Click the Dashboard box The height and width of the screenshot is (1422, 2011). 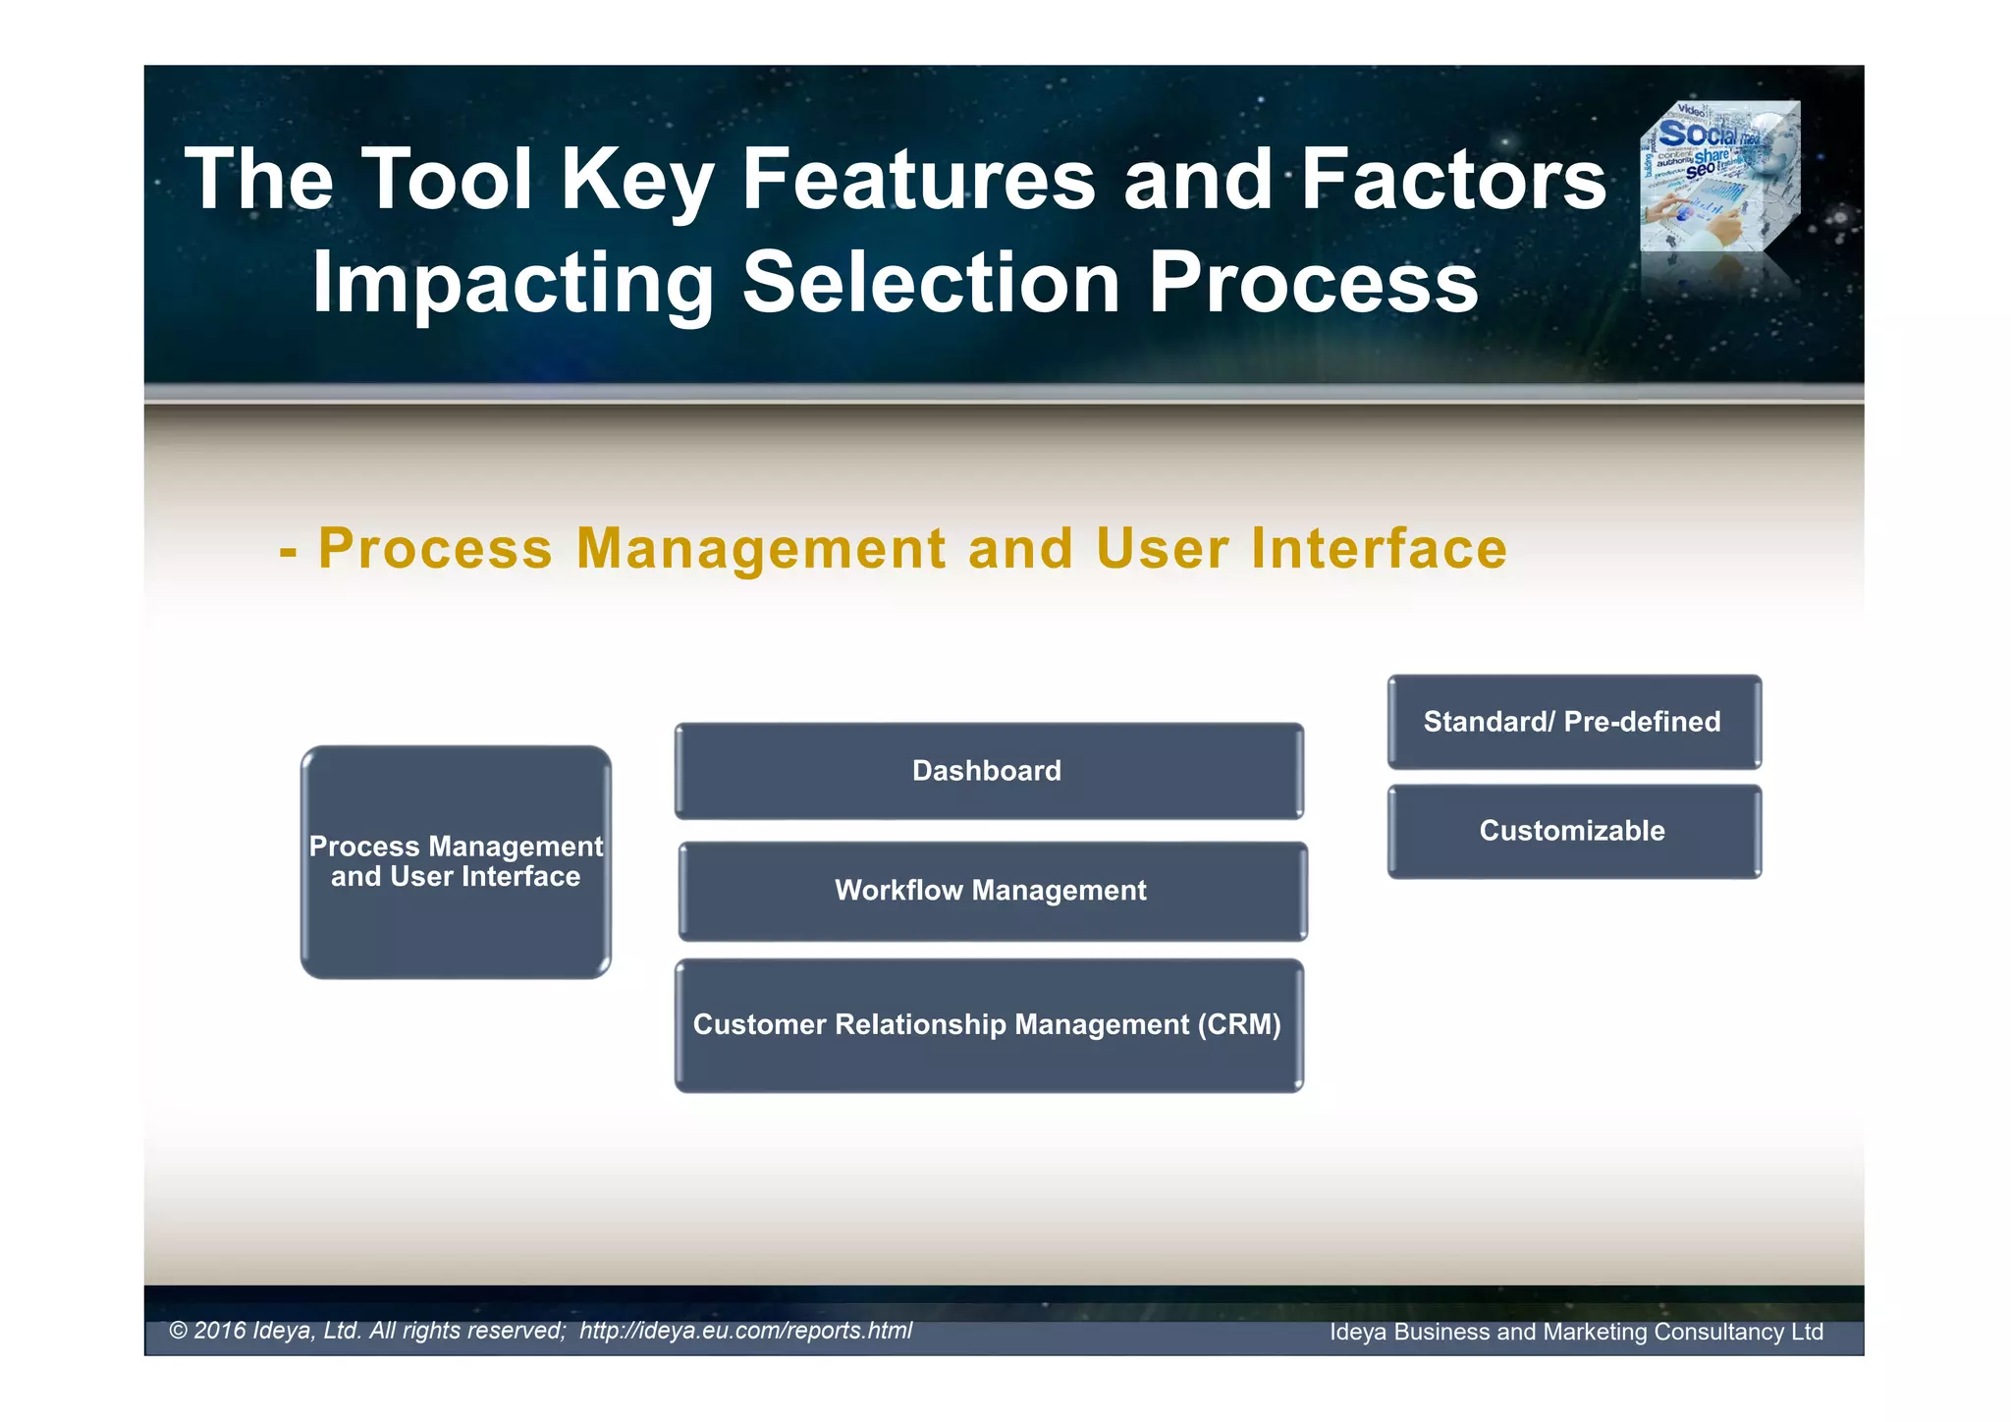pos(988,771)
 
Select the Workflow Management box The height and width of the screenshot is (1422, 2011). pos(992,891)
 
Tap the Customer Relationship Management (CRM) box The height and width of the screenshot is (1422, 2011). pos(988,1025)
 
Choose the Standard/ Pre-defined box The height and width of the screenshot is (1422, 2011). pos(1573,722)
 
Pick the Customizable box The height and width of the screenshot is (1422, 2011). pos(1573,831)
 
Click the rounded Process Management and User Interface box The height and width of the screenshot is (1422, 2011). pos(456,862)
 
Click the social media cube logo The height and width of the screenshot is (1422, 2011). pos(1720,177)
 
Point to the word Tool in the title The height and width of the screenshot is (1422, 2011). pos(447,180)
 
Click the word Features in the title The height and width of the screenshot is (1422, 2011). pos(918,180)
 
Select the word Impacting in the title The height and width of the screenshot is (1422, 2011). pos(513,285)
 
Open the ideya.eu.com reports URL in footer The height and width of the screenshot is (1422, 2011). pos(745,1331)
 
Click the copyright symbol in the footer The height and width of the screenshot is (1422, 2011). pos(178,1331)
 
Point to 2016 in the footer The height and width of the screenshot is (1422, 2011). pos(220,1331)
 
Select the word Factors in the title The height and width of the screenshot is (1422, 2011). pos(1454,180)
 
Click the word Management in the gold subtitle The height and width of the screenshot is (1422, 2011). pos(761,548)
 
